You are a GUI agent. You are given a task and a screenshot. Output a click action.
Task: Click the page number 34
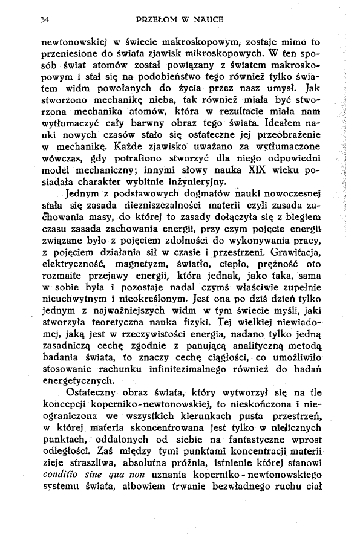[x=44, y=20]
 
